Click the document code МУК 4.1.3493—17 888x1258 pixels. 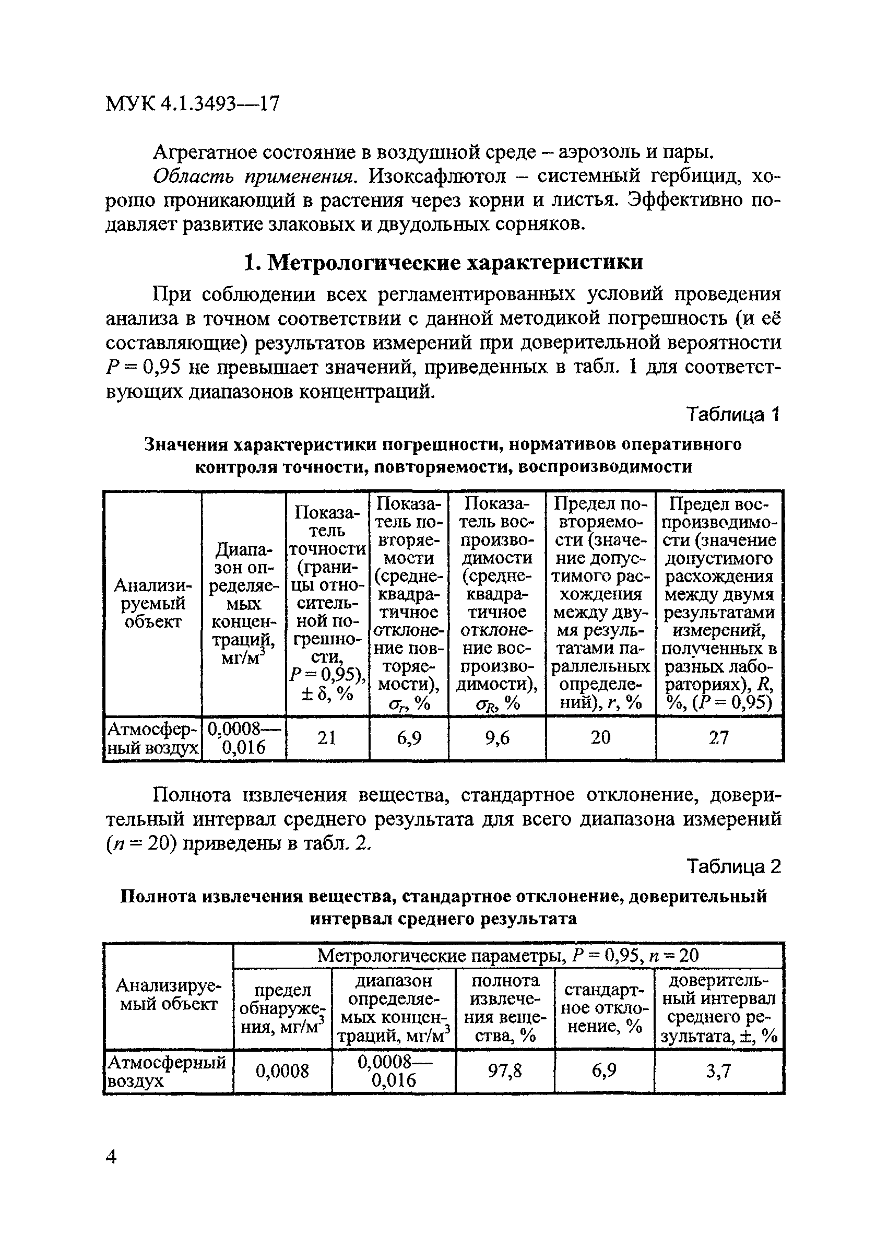[x=192, y=103]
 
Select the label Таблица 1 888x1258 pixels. [x=733, y=415]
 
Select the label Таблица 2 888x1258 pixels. [x=733, y=866]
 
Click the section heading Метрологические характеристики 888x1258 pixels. [x=443, y=263]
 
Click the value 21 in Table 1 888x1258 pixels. [x=327, y=738]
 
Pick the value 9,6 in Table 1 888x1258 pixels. [x=497, y=738]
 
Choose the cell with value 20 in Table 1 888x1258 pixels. [x=600, y=738]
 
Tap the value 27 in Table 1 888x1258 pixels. [x=719, y=738]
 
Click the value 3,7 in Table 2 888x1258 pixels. [x=718, y=1071]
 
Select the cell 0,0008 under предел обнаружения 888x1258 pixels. [x=282, y=1071]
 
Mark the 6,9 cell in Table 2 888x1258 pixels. [x=603, y=1071]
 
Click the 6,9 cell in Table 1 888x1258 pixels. [x=409, y=738]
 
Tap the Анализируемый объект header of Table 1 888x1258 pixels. [x=153, y=604]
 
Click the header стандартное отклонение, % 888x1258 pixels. [x=603, y=1008]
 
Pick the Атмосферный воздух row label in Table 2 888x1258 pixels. [x=167, y=1071]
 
